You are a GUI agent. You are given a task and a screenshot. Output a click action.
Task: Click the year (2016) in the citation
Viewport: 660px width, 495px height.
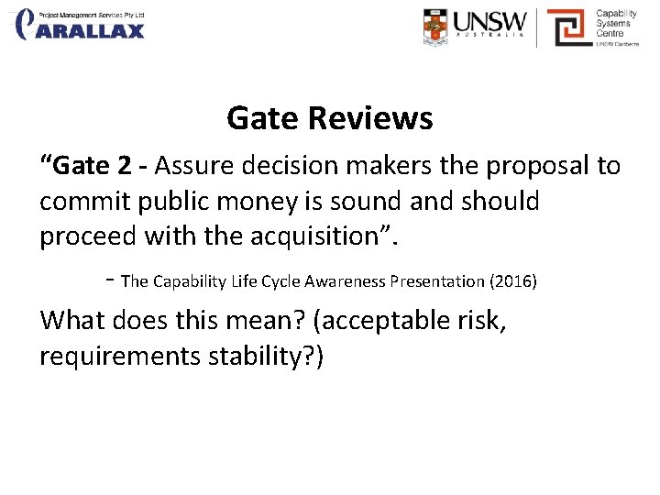(513, 281)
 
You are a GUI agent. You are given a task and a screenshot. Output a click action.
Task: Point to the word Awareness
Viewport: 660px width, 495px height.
(350, 281)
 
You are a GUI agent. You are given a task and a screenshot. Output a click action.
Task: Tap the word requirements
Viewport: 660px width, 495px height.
(115, 356)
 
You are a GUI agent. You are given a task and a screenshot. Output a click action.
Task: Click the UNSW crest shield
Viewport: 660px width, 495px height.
(437, 27)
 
